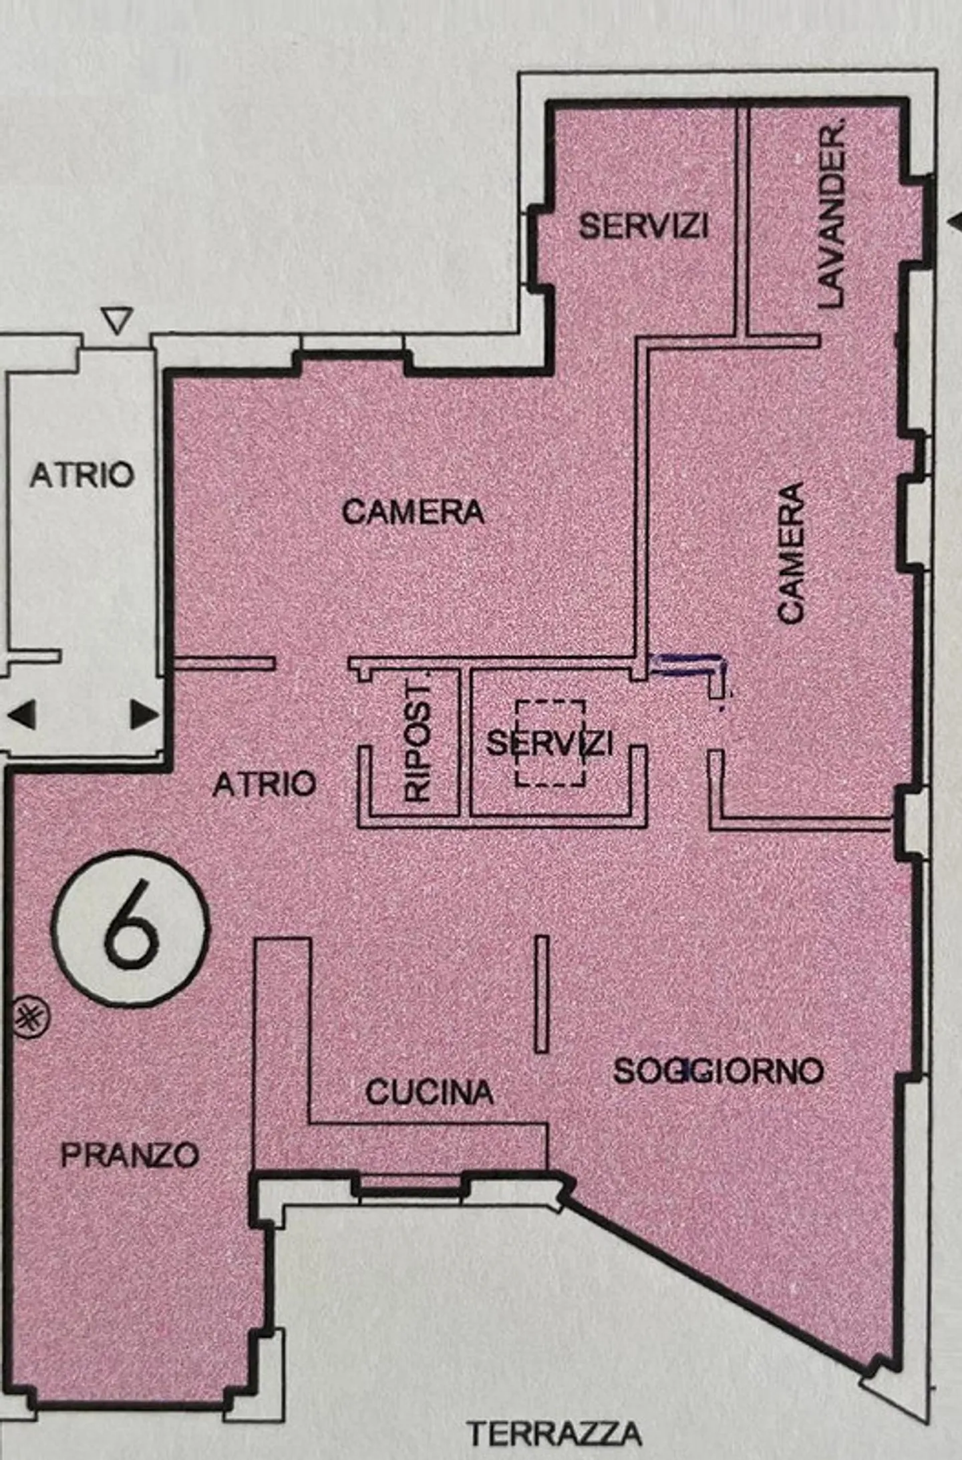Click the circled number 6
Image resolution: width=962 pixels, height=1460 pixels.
tap(132, 928)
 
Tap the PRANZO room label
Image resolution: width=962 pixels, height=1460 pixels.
tap(130, 1155)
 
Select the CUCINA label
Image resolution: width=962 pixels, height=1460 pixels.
tap(429, 1093)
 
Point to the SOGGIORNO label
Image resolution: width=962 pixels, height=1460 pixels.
tap(718, 1071)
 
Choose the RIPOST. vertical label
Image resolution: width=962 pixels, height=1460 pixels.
tap(418, 741)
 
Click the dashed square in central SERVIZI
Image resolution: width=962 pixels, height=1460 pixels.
tap(550, 743)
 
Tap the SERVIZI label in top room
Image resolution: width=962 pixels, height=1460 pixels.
tap(643, 226)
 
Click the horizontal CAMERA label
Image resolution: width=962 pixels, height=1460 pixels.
tap(413, 512)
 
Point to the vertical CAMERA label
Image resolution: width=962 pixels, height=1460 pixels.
tap(791, 553)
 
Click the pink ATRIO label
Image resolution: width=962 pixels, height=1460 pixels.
tap(264, 783)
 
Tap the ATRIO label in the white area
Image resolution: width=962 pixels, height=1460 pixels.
tap(82, 476)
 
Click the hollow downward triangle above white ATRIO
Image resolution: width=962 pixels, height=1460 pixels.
tap(118, 321)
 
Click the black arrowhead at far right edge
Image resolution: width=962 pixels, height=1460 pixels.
tap(956, 222)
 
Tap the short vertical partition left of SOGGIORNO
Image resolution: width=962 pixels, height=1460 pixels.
tap(542, 994)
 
